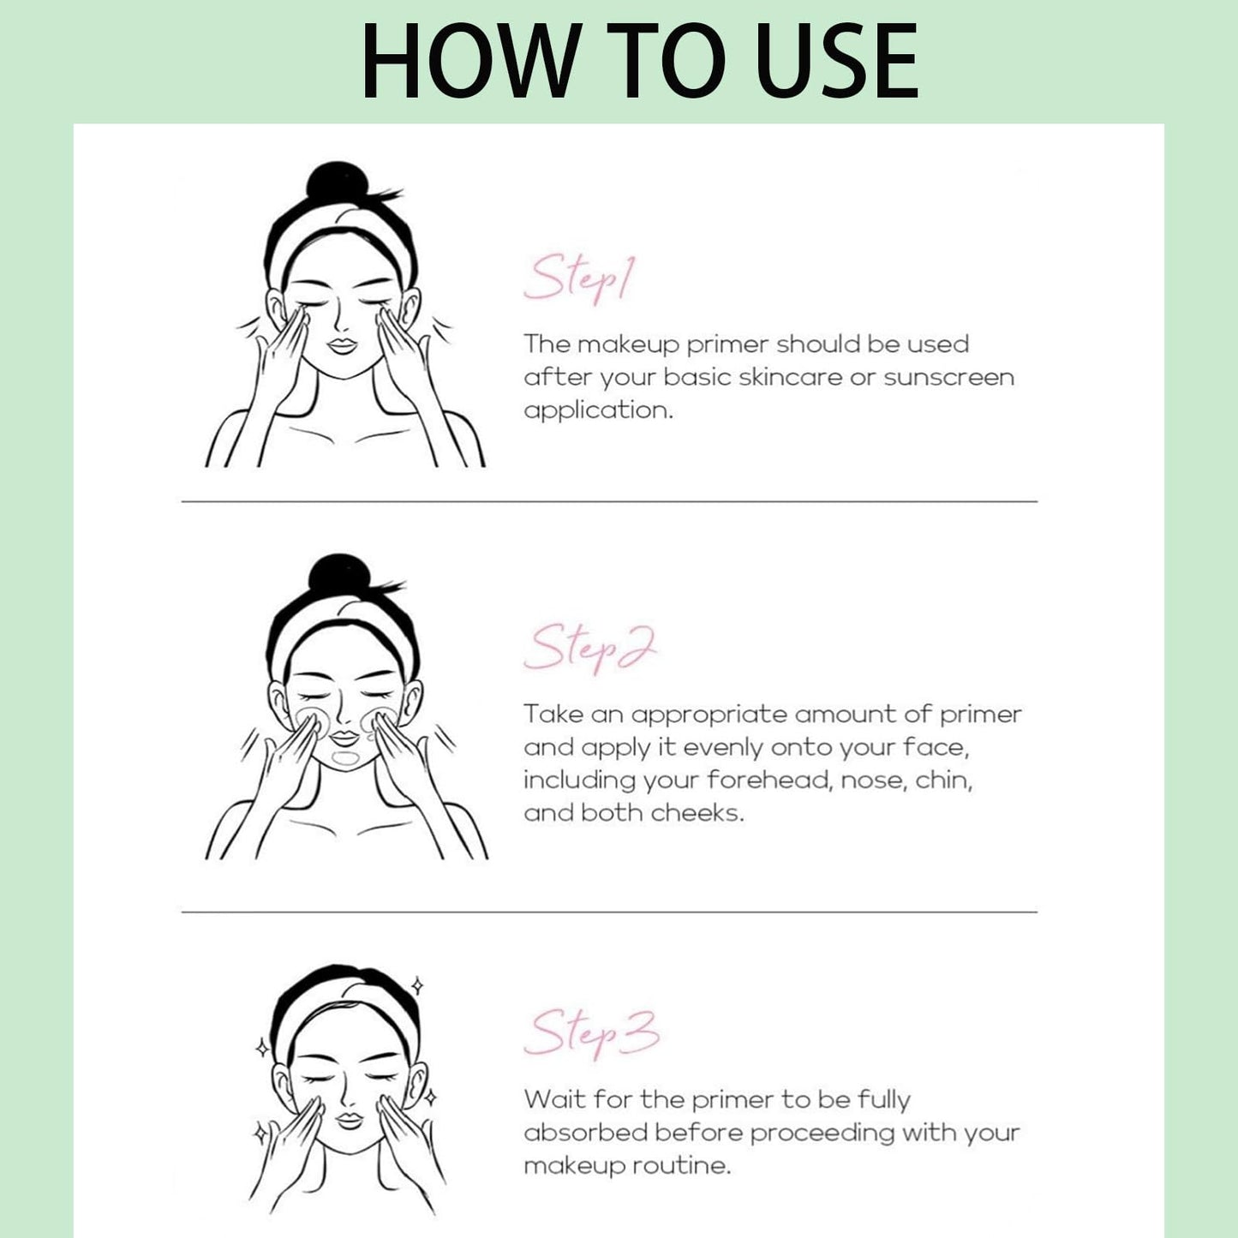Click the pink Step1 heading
[579, 278]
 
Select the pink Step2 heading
[590, 649]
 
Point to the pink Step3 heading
[592, 1034]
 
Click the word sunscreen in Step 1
[948, 378]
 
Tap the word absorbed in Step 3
[585, 1133]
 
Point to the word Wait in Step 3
[553, 1099]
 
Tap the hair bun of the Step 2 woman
[339, 574]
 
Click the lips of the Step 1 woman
[342, 346]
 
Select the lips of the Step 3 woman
[350, 1121]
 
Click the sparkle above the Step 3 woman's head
[417, 986]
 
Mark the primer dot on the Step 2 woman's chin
[345, 758]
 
